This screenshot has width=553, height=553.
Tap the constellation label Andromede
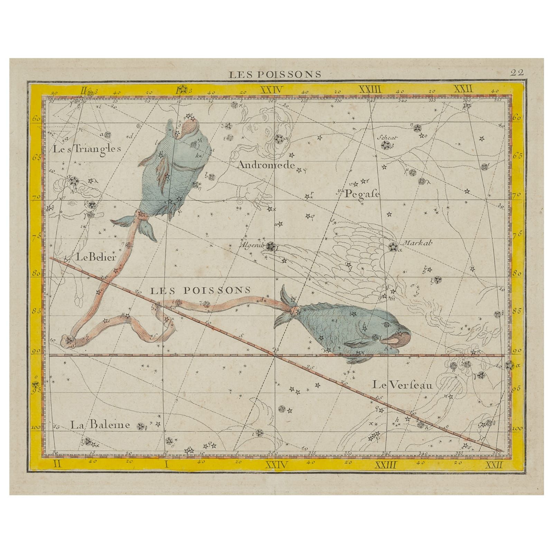[x=265, y=165]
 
